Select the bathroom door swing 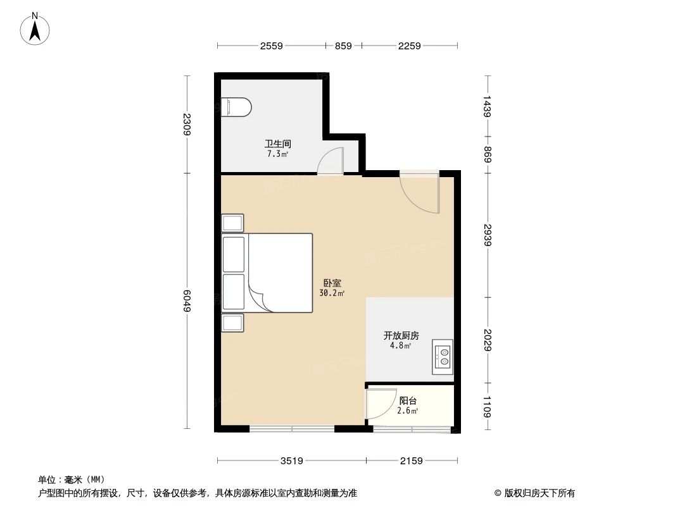[331, 161]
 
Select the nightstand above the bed [232, 223]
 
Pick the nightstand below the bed [232, 323]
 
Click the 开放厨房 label [401, 336]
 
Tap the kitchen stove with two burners [443, 357]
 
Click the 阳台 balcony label [408, 401]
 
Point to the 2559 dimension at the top [271, 46]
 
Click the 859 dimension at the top [343, 46]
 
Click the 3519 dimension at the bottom [291, 460]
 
